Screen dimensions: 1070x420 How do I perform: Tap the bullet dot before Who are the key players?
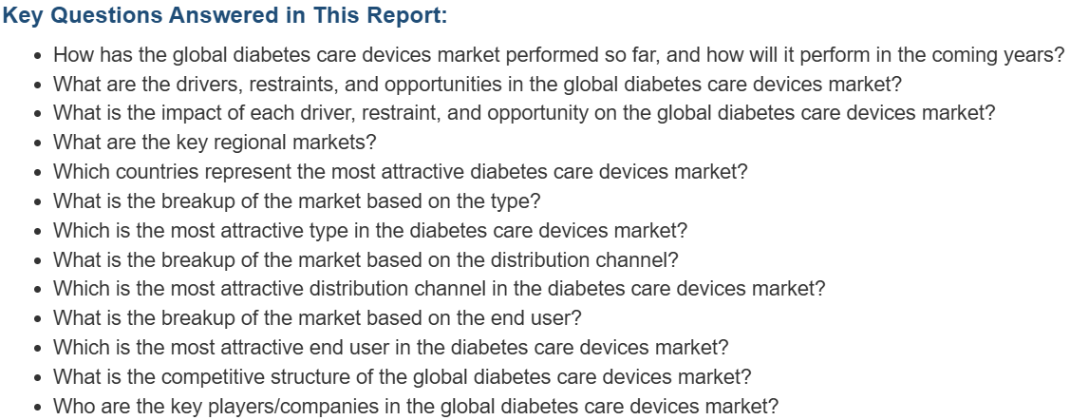coord(38,408)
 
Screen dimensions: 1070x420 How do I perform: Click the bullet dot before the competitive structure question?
coord(38,378)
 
